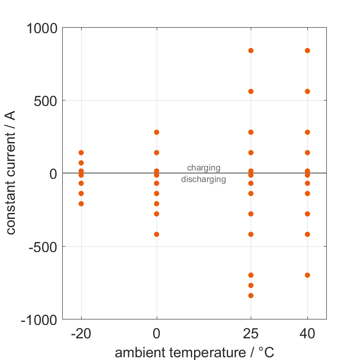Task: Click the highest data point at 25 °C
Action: (x=251, y=51)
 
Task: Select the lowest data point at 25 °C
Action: (x=251, y=295)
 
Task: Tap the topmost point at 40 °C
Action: (x=307, y=51)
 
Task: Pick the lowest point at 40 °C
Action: (x=307, y=275)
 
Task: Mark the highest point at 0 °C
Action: (x=157, y=132)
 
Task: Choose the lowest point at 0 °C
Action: (x=157, y=234)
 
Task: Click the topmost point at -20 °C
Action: (x=81, y=153)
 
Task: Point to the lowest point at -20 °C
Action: (x=81, y=204)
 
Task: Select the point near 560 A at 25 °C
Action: (x=251, y=91)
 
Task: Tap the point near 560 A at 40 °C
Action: (x=307, y=91)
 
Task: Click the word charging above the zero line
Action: (x=203, y=168)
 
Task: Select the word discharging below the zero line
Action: (x=203, y=179)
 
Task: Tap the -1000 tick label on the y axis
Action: (x=39, y=319)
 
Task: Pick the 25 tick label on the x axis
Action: (x=251, y=333)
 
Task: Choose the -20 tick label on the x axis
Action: (x=81, y=333)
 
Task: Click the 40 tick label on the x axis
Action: (x=307, y=333)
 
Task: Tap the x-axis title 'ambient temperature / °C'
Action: (x=195, y=353)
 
